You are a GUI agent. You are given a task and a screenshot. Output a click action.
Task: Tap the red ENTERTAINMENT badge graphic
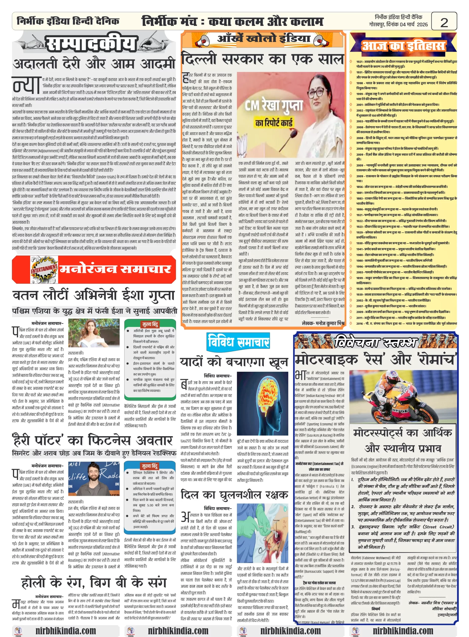coord(44,269)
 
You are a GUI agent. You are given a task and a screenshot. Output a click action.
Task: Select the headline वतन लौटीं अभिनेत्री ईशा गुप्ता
coord(93,295)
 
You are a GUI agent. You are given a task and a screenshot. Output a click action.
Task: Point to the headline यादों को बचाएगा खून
coord(234,362)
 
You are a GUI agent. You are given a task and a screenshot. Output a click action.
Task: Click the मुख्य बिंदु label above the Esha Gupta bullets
coord(150,324)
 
